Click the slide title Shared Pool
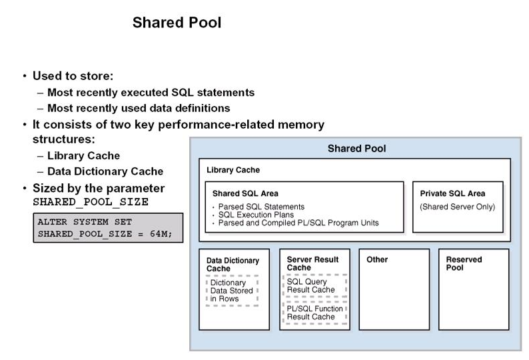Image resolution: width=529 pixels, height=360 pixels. (177, 23)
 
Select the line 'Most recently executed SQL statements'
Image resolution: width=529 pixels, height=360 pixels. (151, 93)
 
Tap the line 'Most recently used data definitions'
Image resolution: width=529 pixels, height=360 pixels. (139, 108)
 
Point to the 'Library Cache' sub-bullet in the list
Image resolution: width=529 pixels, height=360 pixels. (83, 155)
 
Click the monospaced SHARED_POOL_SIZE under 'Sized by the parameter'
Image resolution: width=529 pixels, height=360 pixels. (91, 202)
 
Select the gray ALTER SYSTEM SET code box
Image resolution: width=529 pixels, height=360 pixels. (107, 228)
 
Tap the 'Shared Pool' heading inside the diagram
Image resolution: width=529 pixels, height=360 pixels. (356, 148)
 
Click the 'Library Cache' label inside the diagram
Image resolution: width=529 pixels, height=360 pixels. (233, 170)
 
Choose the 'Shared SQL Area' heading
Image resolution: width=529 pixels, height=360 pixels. (245, 193)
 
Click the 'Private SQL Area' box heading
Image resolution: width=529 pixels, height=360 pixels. (452, 193)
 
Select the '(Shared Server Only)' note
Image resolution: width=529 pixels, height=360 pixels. (457, 207)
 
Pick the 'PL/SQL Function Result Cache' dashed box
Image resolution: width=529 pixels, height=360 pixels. (314, 313)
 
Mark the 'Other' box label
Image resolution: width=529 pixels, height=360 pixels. (377, 259)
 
